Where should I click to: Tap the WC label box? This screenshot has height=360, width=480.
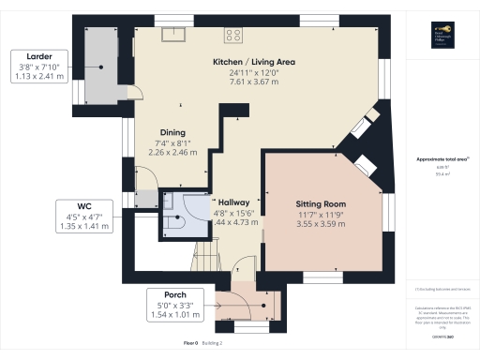pos(91,215)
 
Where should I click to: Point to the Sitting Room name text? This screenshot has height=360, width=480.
pos(322,203)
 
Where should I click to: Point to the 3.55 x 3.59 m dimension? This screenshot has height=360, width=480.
pos(322,224)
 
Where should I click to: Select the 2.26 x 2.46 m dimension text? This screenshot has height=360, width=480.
pos(172,152)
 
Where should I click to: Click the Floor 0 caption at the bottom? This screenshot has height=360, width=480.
pos(191,344)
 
